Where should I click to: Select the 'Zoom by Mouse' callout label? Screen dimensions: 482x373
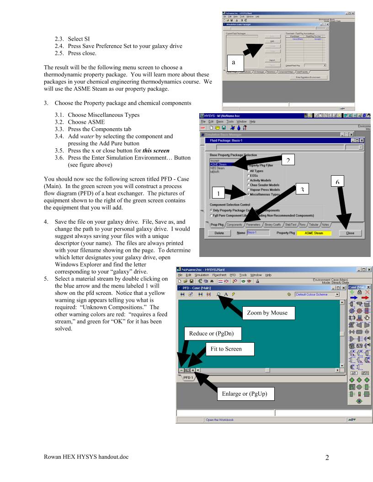tap(267, 313)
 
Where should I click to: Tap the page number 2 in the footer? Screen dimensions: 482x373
tap(327, 458)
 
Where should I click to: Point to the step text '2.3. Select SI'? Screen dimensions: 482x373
tap(72, 39)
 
